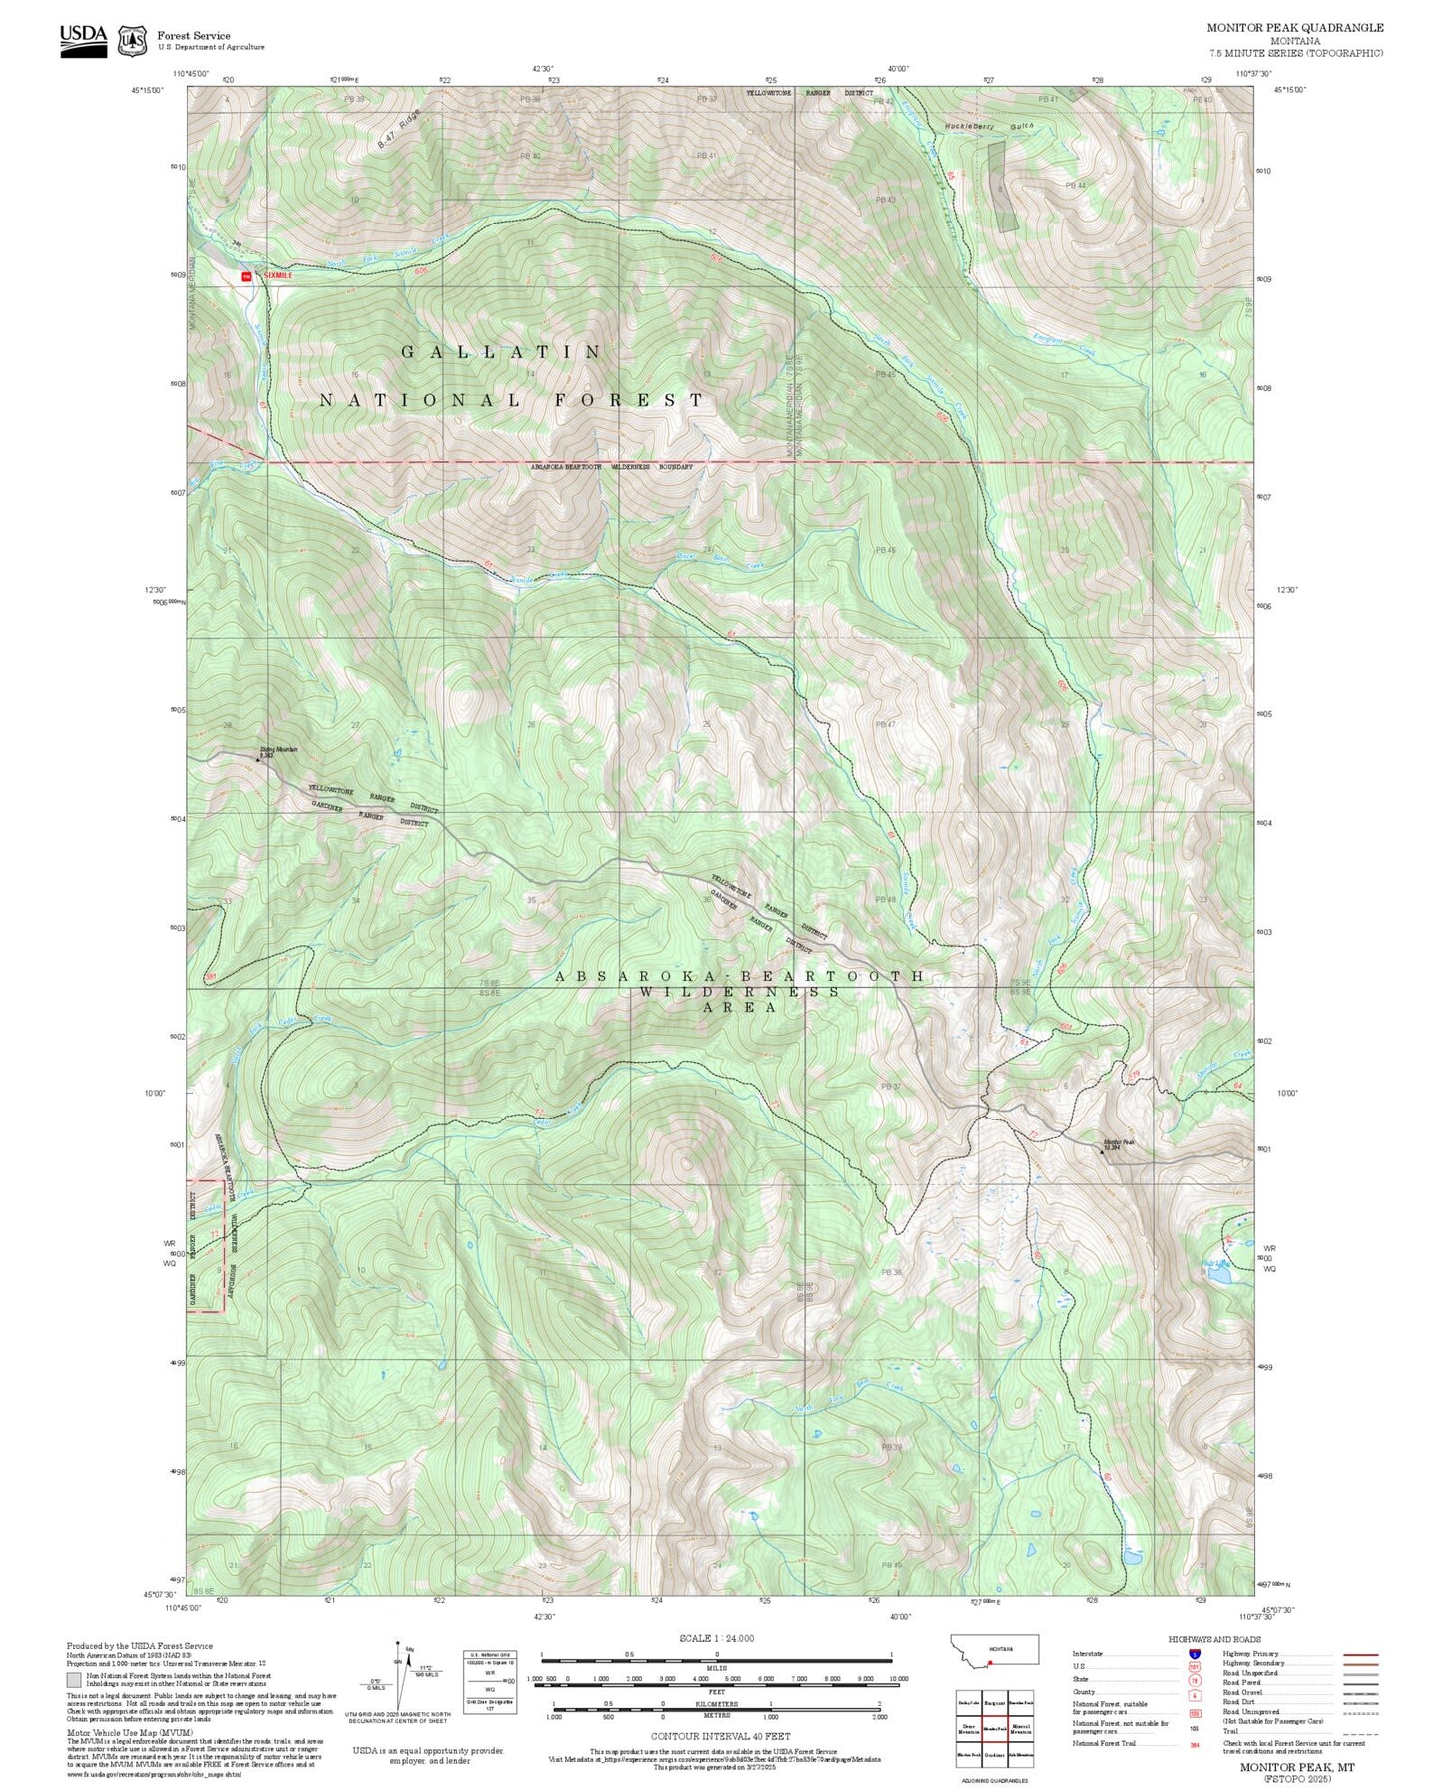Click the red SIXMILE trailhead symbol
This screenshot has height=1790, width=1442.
(246, 276)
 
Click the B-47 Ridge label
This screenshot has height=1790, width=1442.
(399, 130)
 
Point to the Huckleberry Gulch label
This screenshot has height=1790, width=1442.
(988, 128)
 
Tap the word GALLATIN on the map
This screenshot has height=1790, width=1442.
(502, 352)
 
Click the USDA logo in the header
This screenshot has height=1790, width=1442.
(83, 40)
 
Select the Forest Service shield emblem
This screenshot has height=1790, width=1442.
(132, 41)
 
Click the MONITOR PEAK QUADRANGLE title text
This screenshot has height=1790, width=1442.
(1294, 28)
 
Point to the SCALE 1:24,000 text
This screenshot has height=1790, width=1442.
(717, 1638)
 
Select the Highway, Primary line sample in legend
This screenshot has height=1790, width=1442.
(1361, 1654)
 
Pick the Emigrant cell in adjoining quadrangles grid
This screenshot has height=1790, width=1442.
(993, 1703)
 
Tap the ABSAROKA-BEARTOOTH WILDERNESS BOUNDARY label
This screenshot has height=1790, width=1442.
(611, 467)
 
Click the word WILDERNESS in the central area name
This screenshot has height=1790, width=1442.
(739, 992)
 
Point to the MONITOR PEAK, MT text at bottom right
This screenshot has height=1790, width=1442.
(1297, 1766)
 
